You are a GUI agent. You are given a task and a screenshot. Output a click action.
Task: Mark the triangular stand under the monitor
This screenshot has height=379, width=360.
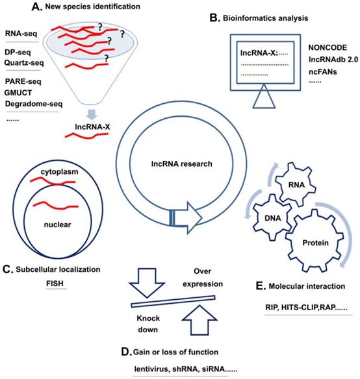[x=270, y=99]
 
